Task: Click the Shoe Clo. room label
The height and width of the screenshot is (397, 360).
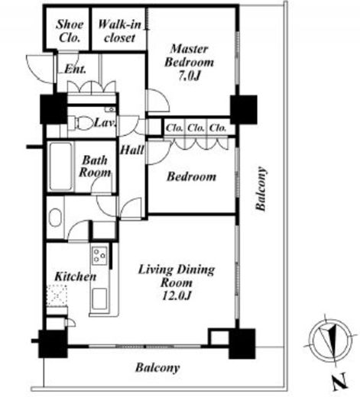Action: pos(70,31)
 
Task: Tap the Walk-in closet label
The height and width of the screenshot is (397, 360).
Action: pos(119,31)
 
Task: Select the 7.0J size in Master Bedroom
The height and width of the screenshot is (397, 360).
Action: pos(189,76)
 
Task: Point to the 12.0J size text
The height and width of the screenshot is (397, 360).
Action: pos(177,295)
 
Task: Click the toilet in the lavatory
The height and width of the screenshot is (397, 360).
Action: pos(81,123)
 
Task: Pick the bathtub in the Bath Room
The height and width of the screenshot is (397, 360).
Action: pos(61,166)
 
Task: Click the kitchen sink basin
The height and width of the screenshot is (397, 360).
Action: pos(99,299)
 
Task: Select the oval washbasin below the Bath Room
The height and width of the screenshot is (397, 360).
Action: pos(55,218)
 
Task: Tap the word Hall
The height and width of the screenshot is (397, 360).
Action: pos(132,150)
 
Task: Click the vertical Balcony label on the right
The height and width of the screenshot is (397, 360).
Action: pos(261,189)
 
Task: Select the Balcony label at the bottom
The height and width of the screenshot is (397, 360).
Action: pos(157,368)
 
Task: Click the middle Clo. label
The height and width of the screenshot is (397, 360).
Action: pos(196,127)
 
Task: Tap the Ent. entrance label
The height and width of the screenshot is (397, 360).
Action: pos(75,69)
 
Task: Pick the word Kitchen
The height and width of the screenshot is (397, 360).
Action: pos(76,276)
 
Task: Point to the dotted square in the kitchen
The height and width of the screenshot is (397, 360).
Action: pos(57,295)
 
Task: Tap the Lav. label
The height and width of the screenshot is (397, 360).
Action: pos(105,123)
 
